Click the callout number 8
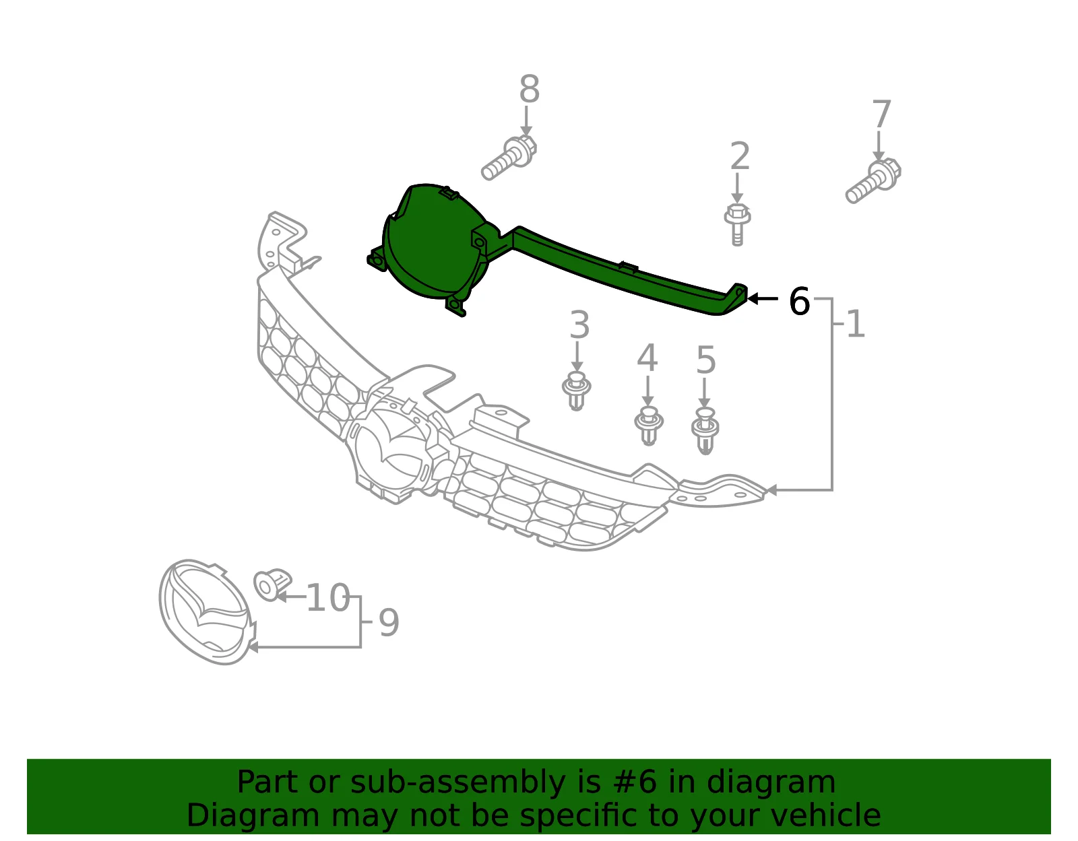pyautogui.click(x=529, y=90)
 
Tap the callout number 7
pyautogui.click(x=881, y=114)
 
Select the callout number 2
pyautogui.click(x=740, y=156)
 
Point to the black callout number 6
pyautogui.click(x=799, y=301)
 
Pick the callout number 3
pyautogui.click(x=579, y=325)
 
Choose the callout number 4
pyautogui.click(x=647, y=358)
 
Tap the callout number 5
pyautogui.click(x=706, y=360)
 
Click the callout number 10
pyautogui.click(x=328, y=598)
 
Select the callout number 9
pyautogui.click(x=389, y=623)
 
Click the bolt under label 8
pyautogui.click(x=509, y=158)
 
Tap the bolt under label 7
pyautogui.click(x=873, y=180)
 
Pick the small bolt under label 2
pyautogui.click(x=737, y=225)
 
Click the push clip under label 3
pyautogui.click(x=577, y=391)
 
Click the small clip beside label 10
pyautogui.click(x=272, y=584)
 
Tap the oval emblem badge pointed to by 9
pyautogui.click(x=208, y=612)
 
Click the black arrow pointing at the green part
pyautogui.click(x=763, y=299)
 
